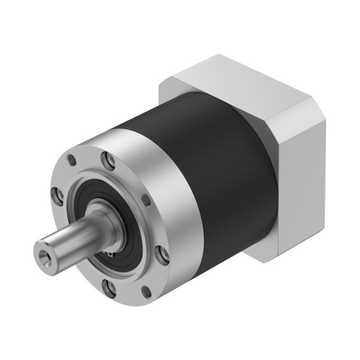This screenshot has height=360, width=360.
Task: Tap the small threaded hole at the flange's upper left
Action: click(x=71, y=160)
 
